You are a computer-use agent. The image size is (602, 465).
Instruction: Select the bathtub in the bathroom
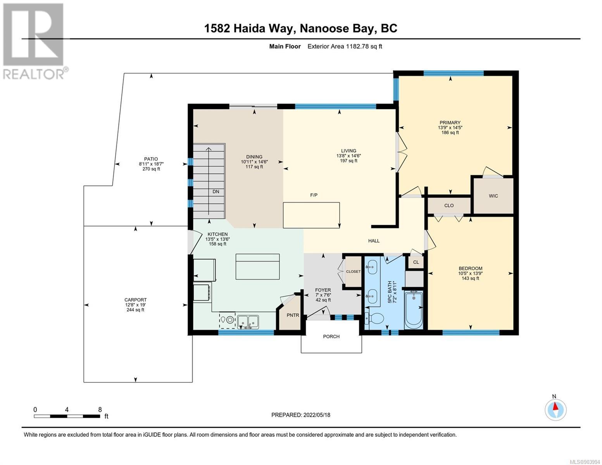414,310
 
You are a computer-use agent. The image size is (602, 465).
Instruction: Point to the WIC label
493,196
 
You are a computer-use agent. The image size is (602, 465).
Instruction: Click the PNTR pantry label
293,315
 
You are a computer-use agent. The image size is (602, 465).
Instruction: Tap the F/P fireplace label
314,195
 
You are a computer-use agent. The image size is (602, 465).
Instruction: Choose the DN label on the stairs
216,191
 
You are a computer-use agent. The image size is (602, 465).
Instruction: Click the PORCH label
331,336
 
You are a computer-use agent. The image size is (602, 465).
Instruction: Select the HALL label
374,241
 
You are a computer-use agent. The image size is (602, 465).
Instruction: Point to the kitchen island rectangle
257,267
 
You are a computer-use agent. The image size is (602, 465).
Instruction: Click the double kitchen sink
248,322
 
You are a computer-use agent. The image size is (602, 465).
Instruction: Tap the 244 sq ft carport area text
135,310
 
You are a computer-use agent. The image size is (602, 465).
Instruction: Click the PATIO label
151,159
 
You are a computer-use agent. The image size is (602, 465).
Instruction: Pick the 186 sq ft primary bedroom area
450,133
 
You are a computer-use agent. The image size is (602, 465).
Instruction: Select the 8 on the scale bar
100,410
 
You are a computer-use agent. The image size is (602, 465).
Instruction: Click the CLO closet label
449,205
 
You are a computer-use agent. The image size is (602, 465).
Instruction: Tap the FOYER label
323,290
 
